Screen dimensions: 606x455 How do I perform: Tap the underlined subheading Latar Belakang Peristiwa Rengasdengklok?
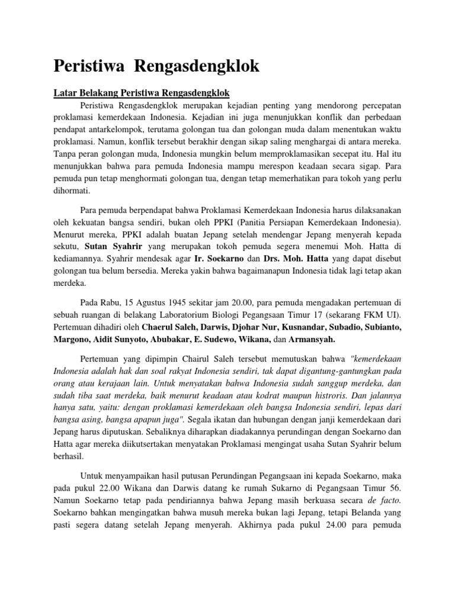142,94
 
